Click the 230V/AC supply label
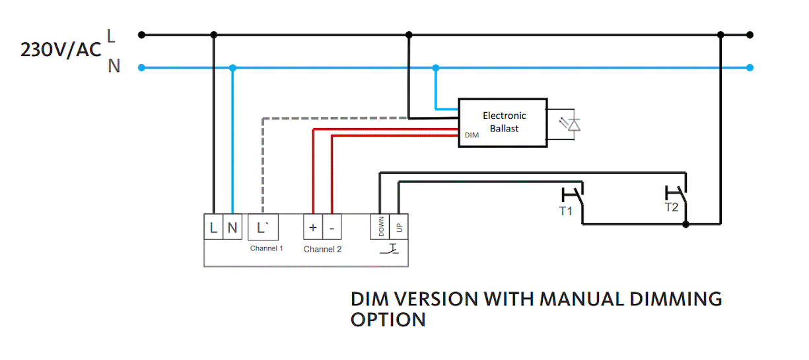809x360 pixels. point(61,50)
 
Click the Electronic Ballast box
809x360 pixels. point(503,123)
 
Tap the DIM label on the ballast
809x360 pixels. point(472,135)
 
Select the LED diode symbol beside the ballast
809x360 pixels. point(574,124)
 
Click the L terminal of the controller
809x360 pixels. point(213,228)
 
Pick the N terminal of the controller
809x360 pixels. point(232,228)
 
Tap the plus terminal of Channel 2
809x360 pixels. point(312,228)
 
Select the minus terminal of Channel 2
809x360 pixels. point(332,228)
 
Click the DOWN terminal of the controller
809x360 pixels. point(380,228)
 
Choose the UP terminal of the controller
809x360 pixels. point(399,228)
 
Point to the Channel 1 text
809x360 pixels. point(266,248)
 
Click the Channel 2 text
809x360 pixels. point(322,249)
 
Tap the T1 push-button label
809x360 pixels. point(566,211)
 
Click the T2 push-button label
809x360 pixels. point(671,207)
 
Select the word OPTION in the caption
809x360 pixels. point(388,320)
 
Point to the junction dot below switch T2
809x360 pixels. point(686,225)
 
